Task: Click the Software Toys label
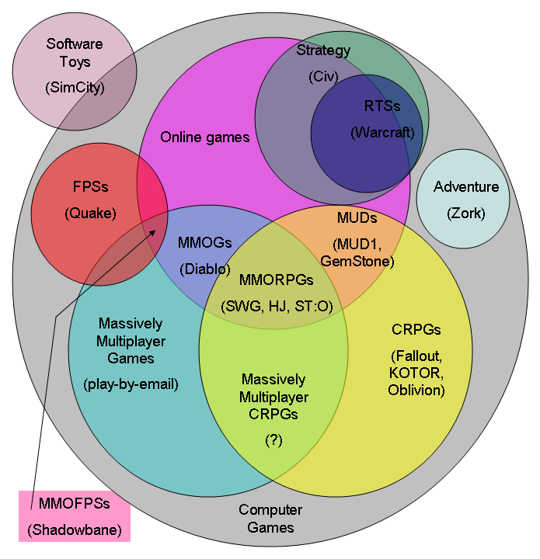pos(74,53)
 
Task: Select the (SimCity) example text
pos(74,86)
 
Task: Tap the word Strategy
pos(323,50)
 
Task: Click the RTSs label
pos(382,106)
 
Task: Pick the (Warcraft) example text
pos(382,132)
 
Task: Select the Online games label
pos(204,137)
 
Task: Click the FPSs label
pos(90,187)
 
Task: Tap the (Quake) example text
pos(90,213)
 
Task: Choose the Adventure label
pos(466,187)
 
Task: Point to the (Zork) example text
pos(466,213)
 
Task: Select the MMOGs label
pos(204,243)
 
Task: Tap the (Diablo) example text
pos(204,269)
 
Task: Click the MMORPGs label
pos(277,280)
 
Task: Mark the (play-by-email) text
pos(131,384)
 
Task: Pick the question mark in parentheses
pos(273,439)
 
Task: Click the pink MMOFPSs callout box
pos(75,516)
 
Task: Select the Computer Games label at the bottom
pos(270,519)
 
